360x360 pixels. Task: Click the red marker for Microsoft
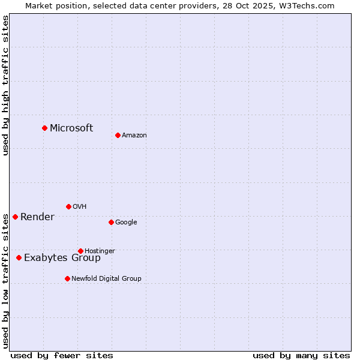[x=44, y=128]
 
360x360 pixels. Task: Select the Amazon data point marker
[x=118, y=135]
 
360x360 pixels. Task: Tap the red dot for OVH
[x=68, y=206]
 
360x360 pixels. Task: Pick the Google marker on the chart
[x=111, y=222]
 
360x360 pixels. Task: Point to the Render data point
[x=15, y=217]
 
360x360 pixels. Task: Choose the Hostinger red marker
[x=80, y=251]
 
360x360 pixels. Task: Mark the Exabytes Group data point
[x=19, y=257]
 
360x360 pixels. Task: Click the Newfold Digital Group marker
[x=67, y=278]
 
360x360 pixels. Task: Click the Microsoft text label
[x=71, y=128]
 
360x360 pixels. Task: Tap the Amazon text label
[x=134, y=136]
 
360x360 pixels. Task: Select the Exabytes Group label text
[x=62, y=258]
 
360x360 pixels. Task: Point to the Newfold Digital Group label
[x=106, y=278]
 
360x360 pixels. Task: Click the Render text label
[x=37, y=217]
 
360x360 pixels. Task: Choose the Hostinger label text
[x=100, y=251]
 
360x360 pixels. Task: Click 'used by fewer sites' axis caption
[x=62, y=355]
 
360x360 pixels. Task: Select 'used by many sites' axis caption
[x=301, y=355]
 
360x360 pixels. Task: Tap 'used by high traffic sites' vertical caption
[x=5, y=85]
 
